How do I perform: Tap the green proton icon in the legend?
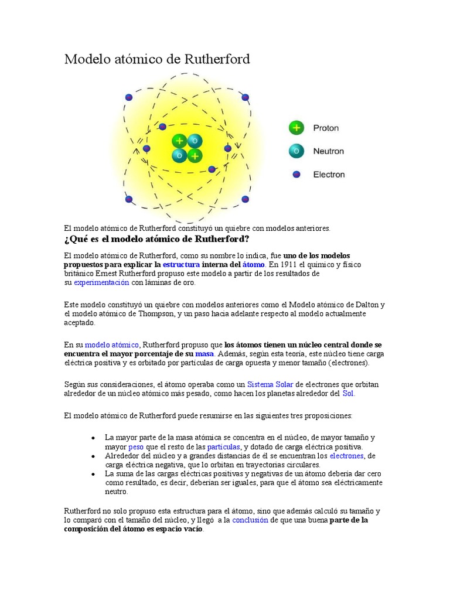click(x=297, y=128)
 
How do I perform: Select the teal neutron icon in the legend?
click(x=297, y=151)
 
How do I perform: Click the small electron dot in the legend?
click(x=296, y=174)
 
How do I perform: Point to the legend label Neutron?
click(x=328, y=151)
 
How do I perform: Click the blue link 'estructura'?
click(x=181, y=265)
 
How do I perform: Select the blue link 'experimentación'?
click(x=101, y=282)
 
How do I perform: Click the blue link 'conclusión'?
click(x=250, y=520)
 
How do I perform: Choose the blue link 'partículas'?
click(x=219, y=446)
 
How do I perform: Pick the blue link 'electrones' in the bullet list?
click(x=347, y=455)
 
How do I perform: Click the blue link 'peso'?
click(x=135, y=446)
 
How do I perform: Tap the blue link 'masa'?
click(x=204, y=354)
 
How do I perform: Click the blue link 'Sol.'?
click(x=349, y=393)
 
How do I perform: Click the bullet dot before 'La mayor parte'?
click(x=93, y=438)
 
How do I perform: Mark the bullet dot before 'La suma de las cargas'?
click(x=93, y=473)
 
